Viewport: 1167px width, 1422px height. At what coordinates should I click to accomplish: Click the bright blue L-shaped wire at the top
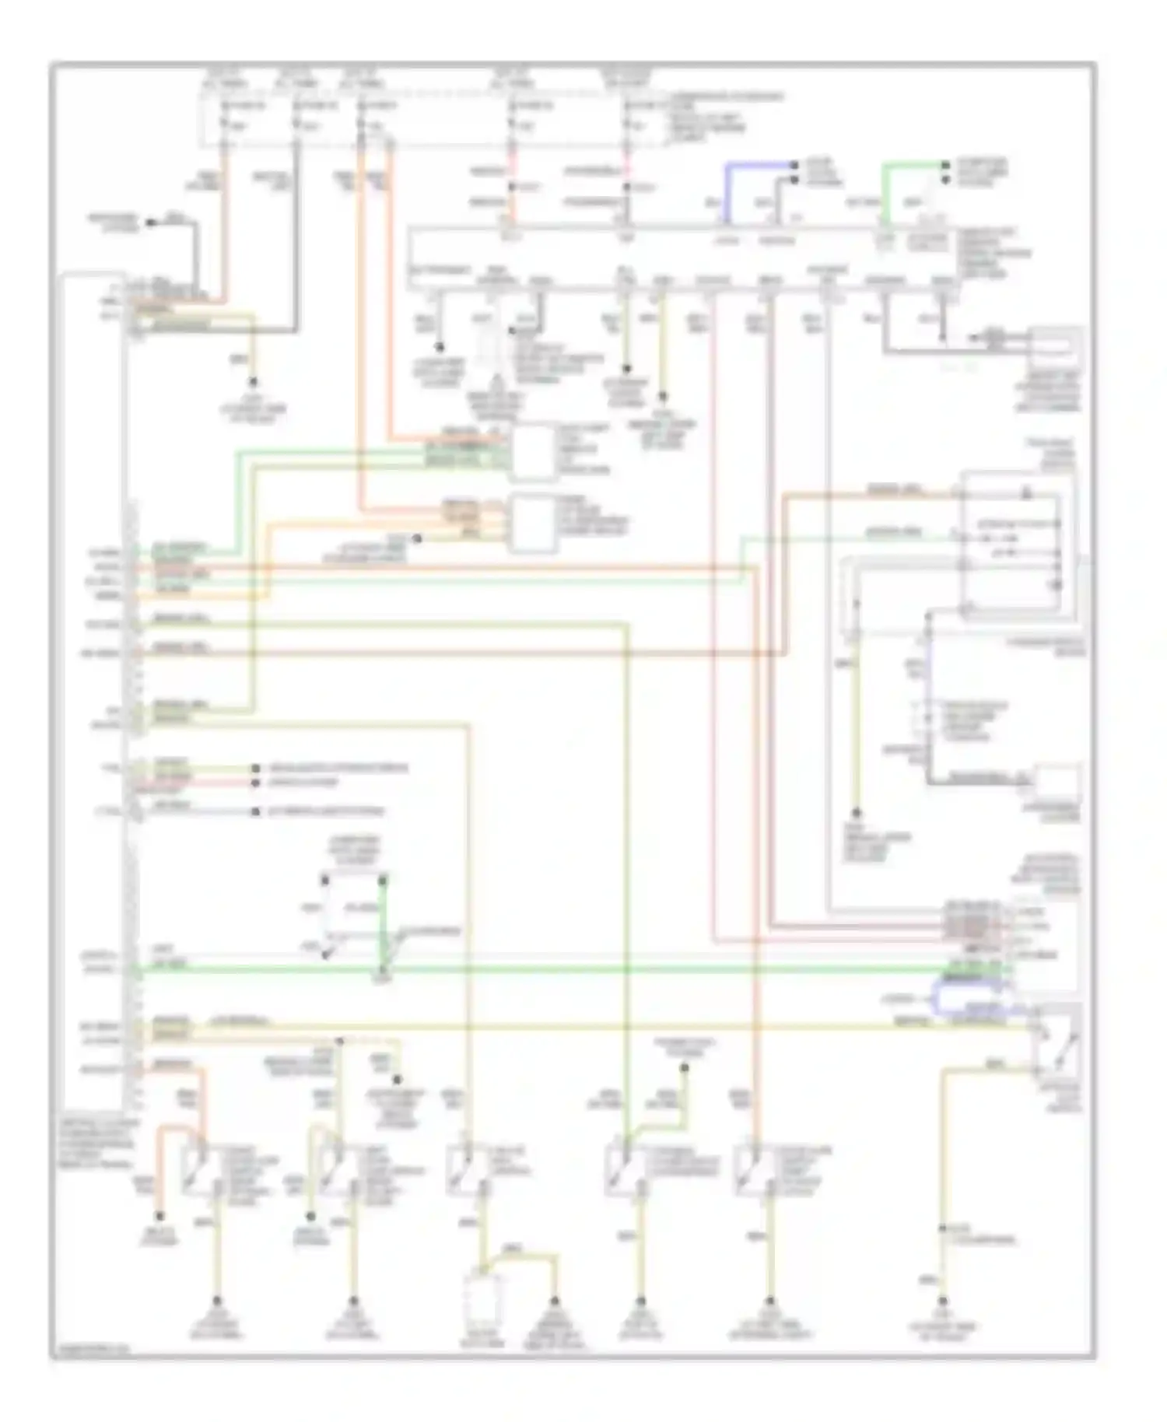click(747, 166)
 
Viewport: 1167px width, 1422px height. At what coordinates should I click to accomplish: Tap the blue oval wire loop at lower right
click(972, 998)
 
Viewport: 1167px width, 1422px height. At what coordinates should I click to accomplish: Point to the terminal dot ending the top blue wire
click(794, 166)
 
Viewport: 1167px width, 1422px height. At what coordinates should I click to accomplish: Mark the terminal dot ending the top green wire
click(944, 166)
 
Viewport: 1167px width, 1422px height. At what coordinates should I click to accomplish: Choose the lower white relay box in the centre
click(533, 523)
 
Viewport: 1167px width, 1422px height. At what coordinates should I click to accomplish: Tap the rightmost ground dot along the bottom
click(942, 1301)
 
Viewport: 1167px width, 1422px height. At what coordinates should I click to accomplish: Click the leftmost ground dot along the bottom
click(217, 1301)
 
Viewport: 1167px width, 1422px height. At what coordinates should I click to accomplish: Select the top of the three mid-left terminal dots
click(255, 769)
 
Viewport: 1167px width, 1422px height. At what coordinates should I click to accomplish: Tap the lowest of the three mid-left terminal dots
click(255, 812)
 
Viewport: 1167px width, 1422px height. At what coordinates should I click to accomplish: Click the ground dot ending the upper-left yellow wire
click(253, 383)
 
